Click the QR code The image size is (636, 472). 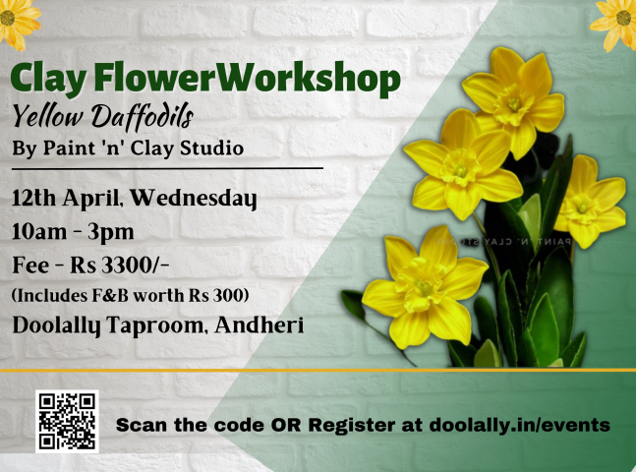pyautogui.click(x=67, y=422)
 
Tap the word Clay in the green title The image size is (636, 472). pyautogui.click(x=48, y=79)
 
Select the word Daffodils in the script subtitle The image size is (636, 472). pyautogui.click(x=142, y=117)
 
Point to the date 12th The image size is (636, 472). pyautogui.click(x=34, y=198)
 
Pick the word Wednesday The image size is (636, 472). pyautogui.click(x=194, y=199)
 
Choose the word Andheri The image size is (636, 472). pyautogui.click(x=260, y=324)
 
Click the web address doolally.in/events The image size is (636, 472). pyautogui.click(x=520, y=425)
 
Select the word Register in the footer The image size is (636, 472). pyautogui.click(x=351, y=426)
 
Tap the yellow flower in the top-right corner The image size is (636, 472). pyautogui.click(x=615, y=23)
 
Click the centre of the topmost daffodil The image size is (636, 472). pyautogui.click(x=514, y=104)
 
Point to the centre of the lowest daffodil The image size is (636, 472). pyautogui.click(x=424, y=288)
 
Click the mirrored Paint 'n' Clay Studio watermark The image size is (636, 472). pyautogui.click(x=504, y=242)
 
